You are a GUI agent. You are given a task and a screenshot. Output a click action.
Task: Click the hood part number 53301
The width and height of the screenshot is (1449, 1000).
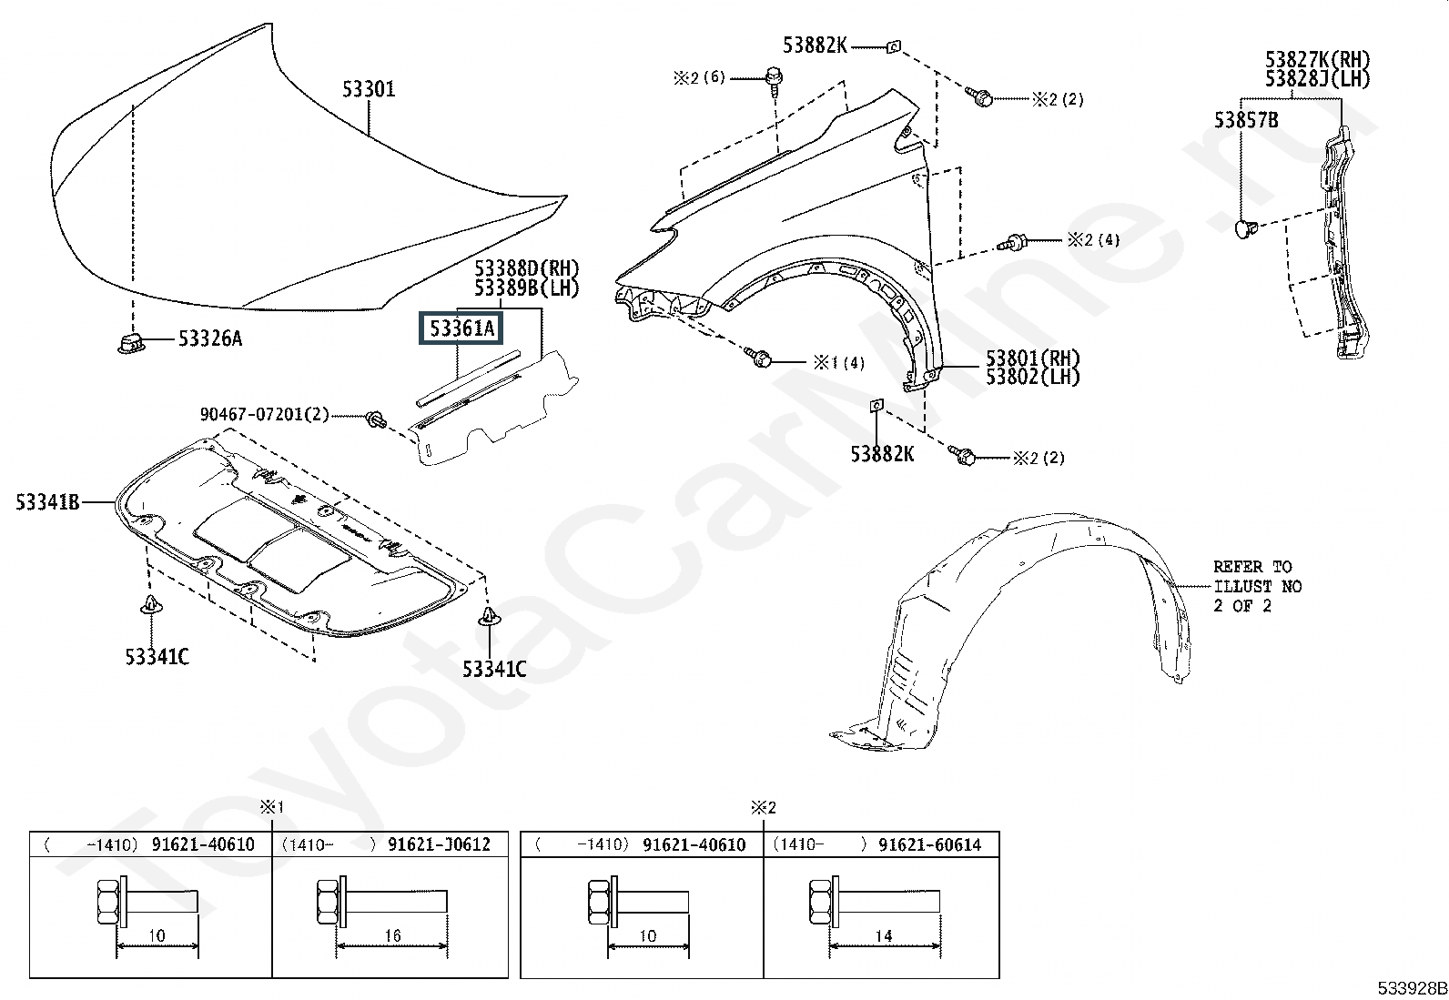point(368,89)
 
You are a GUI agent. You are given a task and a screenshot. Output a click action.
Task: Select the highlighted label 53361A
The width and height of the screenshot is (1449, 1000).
point(461,328)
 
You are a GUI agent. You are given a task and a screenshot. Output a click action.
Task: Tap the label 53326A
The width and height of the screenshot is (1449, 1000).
point(210,338)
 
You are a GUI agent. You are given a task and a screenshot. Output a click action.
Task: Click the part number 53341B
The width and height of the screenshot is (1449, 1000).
point(47,502)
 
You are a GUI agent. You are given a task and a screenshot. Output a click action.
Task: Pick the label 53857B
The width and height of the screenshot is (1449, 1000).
point(1246,120)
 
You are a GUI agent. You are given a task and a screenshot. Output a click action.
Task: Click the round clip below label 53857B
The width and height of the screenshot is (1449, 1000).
point(1245,227)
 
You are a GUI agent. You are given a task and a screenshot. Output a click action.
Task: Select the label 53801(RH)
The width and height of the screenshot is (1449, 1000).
point(1033,358)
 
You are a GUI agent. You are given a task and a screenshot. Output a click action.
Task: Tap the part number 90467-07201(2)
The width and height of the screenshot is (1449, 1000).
point(264,414)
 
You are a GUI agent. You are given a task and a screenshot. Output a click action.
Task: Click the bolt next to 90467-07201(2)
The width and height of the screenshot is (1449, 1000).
point(376,419)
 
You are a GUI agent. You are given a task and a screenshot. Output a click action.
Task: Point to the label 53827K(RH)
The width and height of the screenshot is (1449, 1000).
point(1318,59)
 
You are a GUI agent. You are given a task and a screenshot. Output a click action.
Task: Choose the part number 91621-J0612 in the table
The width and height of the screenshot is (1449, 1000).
point(439,844)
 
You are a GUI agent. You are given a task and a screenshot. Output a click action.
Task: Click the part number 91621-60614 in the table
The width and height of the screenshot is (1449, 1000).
point(929,844)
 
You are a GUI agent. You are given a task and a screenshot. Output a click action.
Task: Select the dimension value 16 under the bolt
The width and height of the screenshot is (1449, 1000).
point(392,935)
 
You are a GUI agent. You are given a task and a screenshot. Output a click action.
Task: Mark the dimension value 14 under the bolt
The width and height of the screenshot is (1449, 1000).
point(884,935)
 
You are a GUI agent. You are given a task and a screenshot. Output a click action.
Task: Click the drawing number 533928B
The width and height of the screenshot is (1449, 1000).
point(1412,988)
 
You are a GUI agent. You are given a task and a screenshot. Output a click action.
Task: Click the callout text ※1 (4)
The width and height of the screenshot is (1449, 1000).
point(839,362)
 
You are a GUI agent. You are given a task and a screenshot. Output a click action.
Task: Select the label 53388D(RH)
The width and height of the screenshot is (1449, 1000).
point(527,268)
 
